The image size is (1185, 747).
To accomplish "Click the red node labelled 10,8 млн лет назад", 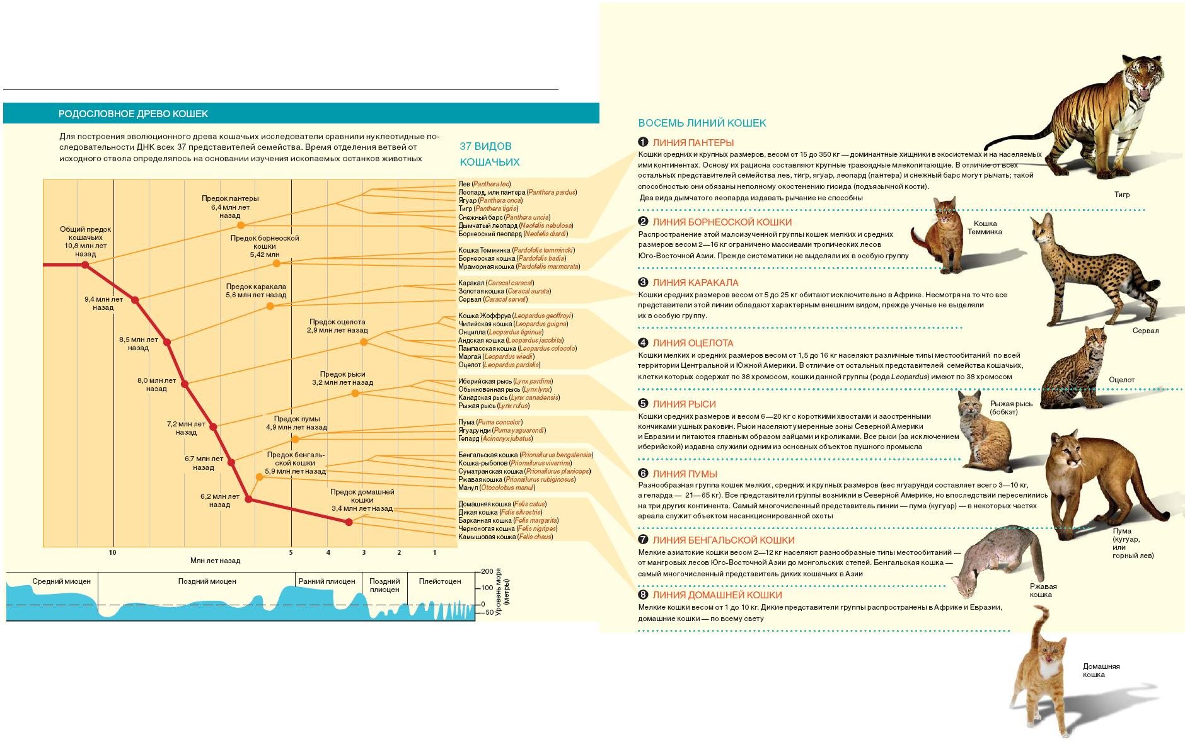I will coord(86,265).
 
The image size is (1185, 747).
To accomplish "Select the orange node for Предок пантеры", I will coord(241,225).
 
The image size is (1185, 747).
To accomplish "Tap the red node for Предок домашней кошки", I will coord(349,522).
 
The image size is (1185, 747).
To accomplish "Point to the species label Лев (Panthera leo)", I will coord(484,184).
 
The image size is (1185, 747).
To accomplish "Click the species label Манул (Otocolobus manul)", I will coord(497,488).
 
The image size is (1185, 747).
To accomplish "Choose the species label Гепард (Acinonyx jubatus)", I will coord(495,438).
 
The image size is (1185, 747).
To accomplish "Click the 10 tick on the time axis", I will coord(113,552).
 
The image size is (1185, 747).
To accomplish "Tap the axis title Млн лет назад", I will coord(215,561).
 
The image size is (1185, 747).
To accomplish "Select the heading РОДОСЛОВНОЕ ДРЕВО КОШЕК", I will coord(133,114).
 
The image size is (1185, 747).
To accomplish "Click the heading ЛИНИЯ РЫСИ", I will coord(684,404).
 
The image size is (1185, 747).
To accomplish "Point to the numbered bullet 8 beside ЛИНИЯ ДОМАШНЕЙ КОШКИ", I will coord(643,595).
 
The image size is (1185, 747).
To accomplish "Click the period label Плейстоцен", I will coord(440,581).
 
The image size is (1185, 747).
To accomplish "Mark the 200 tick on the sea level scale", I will coord(487,572).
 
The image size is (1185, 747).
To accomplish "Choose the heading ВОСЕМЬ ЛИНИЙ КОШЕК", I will coord(702,123).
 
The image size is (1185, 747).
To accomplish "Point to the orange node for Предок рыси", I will coord(355,393).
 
